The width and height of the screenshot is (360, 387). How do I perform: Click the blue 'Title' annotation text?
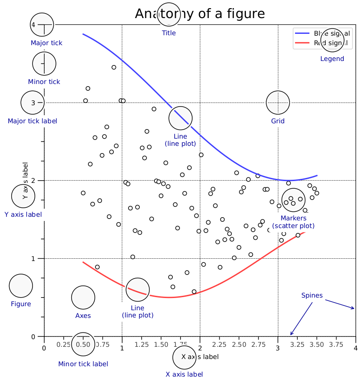coord(169,33)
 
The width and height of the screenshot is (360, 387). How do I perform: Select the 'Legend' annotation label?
coord(332,59)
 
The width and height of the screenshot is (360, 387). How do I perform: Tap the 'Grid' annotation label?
coord(278,121)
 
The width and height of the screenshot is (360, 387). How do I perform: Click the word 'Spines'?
coord(312,296)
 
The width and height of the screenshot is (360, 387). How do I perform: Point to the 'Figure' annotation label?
coord(21,304)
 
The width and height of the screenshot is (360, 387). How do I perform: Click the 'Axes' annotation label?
coord(83,316)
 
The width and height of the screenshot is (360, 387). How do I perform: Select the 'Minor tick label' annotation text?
coord(83,364)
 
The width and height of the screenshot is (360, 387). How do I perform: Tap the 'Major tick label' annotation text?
coord(32,121)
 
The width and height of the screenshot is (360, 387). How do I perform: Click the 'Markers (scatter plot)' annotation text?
coord(293,222)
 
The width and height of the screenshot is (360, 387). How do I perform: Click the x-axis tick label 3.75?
coord(336,345)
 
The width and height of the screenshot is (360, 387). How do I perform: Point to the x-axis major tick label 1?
coord(122,348)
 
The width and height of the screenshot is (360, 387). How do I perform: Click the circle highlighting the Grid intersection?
coord(278,103)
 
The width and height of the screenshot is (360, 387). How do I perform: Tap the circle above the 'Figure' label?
coord(21,285)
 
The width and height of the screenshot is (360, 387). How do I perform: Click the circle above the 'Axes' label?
coord(83,297)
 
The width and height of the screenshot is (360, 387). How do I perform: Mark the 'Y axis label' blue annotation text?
coord(23,214)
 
